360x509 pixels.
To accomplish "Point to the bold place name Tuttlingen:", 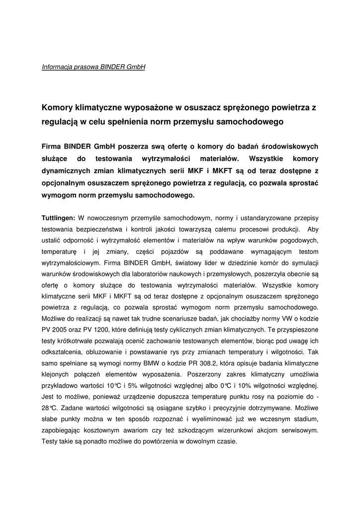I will (x=58, y=217).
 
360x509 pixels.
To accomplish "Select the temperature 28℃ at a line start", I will (x=50, y=407).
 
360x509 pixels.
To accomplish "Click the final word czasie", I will (x=225, y=441).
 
